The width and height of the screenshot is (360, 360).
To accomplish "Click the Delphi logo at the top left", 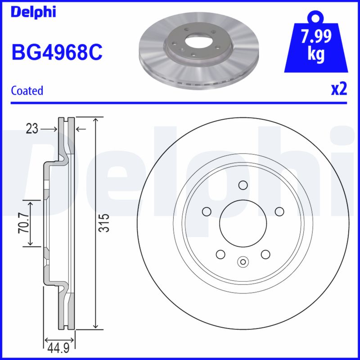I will coord(33,12).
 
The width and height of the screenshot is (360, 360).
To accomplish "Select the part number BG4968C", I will coord(57,52).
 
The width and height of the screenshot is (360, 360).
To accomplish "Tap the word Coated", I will coord(27,90).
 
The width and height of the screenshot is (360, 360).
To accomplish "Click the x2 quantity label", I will coord(339,90).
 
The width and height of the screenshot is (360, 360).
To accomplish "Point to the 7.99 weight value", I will coord(317,36).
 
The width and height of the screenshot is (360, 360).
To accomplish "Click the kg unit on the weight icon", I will coord(317,54).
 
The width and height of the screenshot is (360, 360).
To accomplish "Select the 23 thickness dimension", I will coord(31,129).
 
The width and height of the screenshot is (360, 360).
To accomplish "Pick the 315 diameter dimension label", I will coord(104,223).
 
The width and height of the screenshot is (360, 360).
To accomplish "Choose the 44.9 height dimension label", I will coord(58,348).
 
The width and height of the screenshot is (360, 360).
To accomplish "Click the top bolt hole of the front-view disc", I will coord(243,185).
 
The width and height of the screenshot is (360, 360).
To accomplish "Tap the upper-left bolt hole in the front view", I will coord(207,211).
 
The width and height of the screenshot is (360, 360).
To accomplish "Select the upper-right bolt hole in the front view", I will coord(279,211).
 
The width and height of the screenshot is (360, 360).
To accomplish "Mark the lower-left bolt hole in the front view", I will coord(220,254).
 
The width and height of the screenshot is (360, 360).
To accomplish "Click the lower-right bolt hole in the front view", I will coord(265,254).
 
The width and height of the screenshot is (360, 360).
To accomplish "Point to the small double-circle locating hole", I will coord(243,261).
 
